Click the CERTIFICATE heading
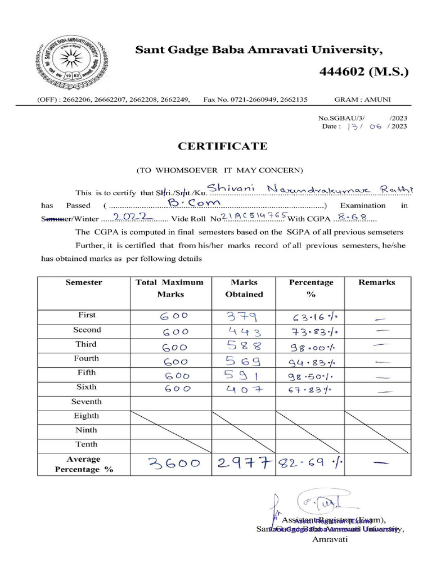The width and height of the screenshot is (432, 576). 223,146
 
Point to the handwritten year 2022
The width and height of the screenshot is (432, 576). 130,217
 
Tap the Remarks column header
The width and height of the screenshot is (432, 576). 376,283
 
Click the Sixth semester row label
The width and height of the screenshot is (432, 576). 87,387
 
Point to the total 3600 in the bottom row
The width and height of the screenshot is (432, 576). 174,463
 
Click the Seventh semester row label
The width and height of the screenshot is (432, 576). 87,402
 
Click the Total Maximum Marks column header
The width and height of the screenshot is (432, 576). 169,288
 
